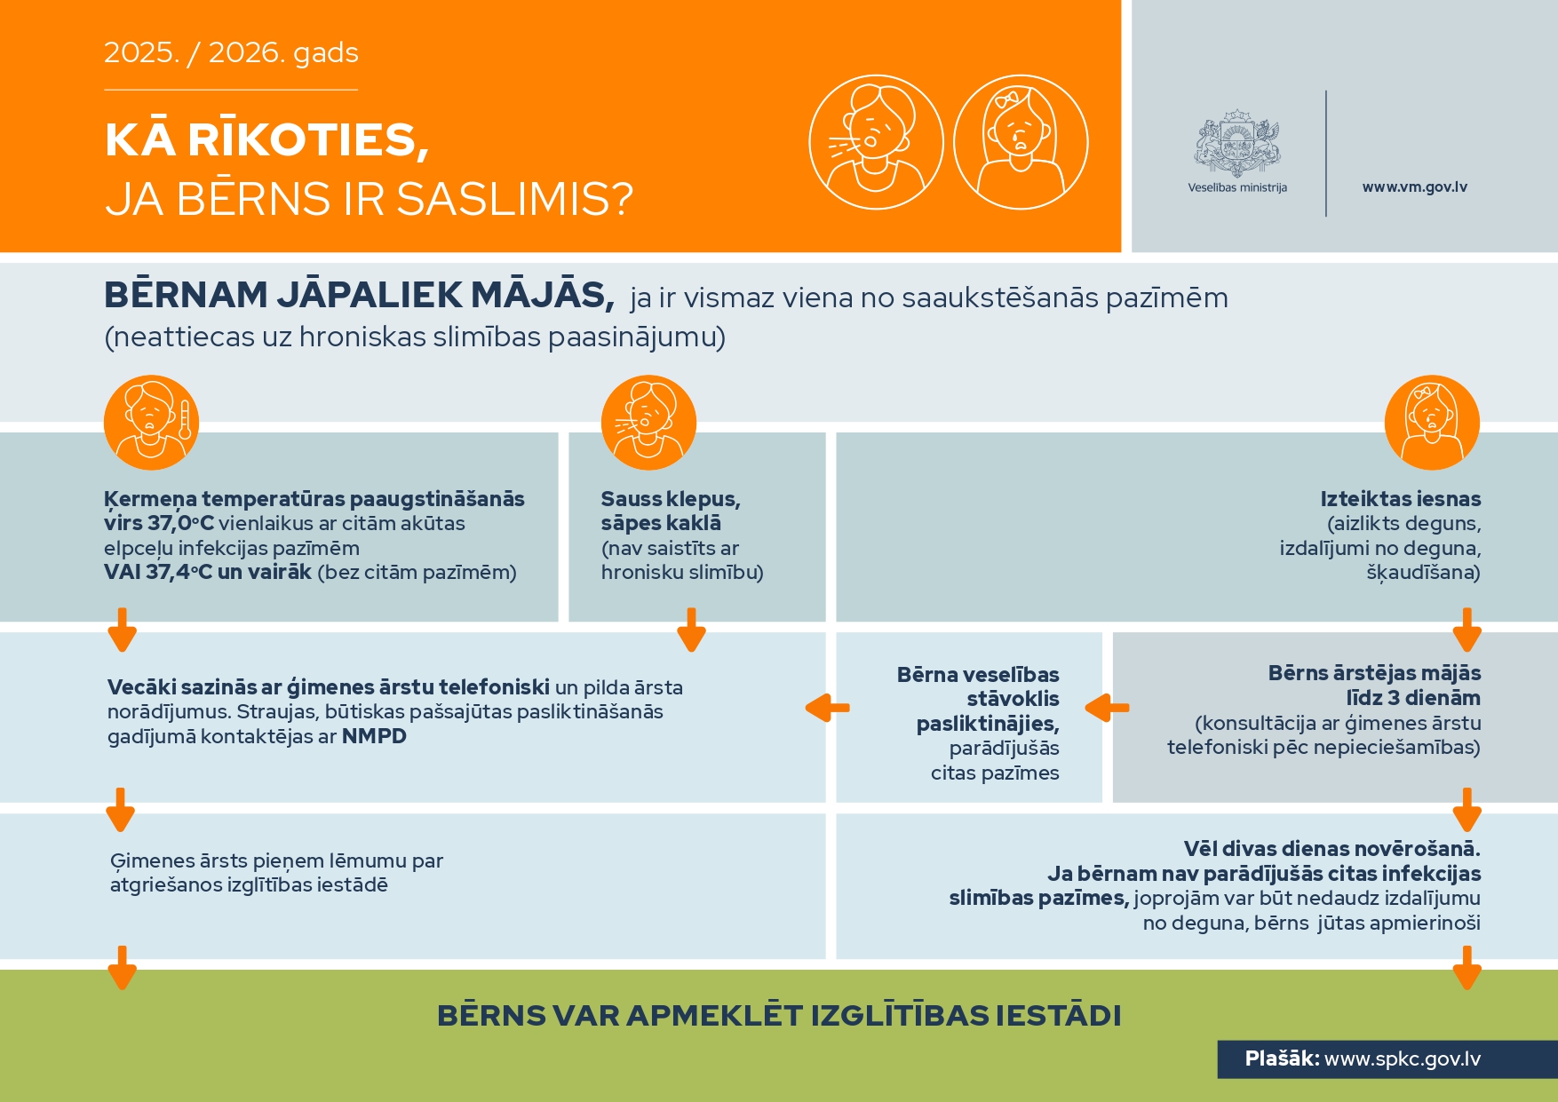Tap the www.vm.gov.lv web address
coord(1414,187)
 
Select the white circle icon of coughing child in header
coord(876,142)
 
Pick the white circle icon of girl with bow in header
coord(1021,142)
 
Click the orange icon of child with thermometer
coord(151,423)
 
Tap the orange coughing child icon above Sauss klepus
coord(648,423)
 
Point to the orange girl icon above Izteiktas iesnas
coord(1432,423)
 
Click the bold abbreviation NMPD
coord(374,736)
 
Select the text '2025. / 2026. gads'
coord(231,53)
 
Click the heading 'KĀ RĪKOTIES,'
coord(266,140)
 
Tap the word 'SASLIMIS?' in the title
coord(514,199)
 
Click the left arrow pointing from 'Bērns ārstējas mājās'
coord(1107,708)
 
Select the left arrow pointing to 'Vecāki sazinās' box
coord(827,708)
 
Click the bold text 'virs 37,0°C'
coord(159,524)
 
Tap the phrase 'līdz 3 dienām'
coord(1413,698)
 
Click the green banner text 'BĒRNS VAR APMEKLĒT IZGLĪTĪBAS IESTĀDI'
coord(779,1015)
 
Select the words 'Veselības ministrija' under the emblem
coord(1237,187)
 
